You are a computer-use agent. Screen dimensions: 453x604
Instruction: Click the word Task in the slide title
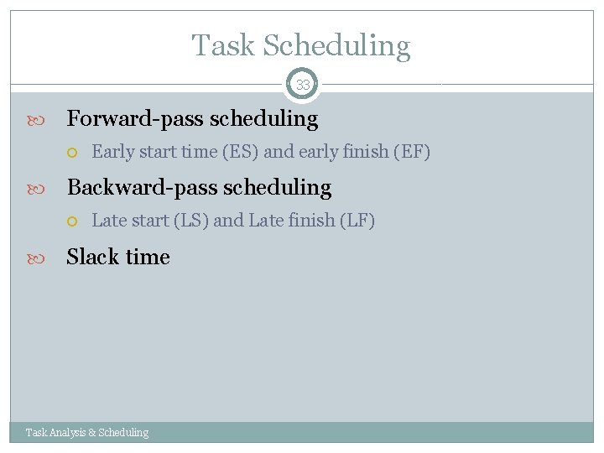coord(223,45)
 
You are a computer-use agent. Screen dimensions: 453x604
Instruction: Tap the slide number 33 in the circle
coord(302,85)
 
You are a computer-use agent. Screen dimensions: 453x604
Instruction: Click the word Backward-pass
coord(138,187)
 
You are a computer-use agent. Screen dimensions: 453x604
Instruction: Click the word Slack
coord(92,257)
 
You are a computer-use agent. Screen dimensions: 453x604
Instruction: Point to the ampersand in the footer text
coord(93,433)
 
